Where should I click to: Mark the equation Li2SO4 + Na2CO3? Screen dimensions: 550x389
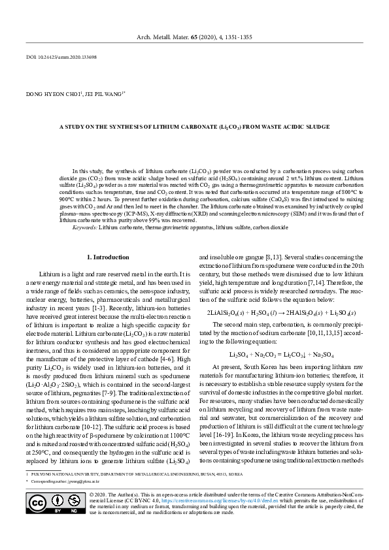pos(280,355)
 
